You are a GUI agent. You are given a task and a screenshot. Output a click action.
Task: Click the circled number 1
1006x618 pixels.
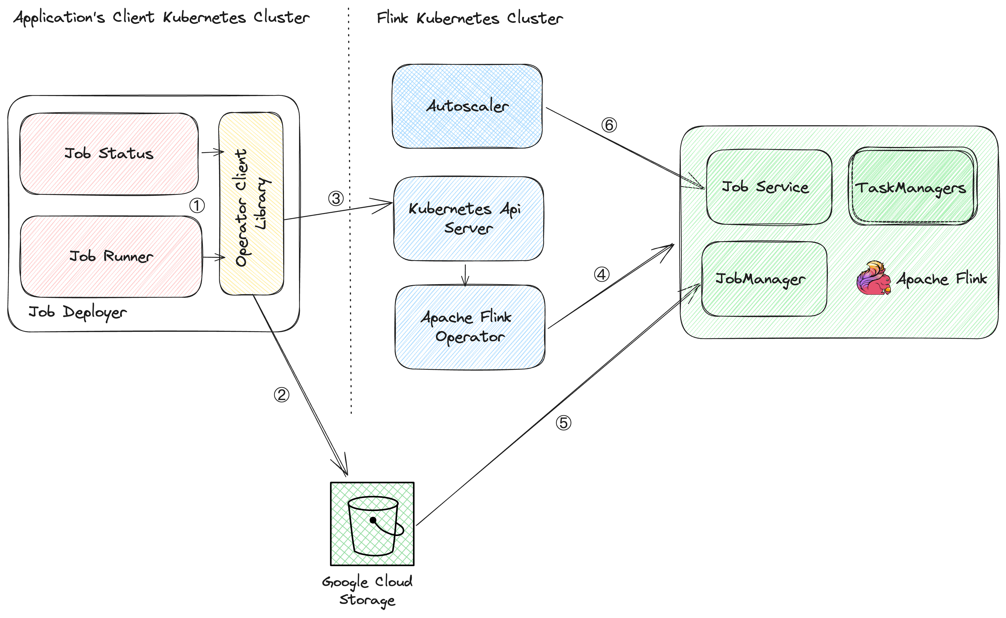pos(197,206)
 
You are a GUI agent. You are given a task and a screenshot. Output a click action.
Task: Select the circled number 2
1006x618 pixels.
pos(281,395)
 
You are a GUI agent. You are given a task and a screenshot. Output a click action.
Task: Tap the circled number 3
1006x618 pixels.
pos(336,199)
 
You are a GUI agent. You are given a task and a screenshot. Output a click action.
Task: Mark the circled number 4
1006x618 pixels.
pos(601,274)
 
